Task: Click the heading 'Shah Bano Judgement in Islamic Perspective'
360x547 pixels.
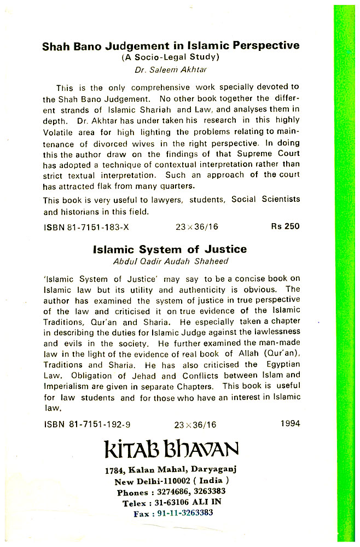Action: click(171, 46)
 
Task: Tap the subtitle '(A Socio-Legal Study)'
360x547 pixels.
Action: click(170, 57)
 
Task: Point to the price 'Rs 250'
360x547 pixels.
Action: click(285, 226)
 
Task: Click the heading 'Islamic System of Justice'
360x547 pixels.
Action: click(170, 249)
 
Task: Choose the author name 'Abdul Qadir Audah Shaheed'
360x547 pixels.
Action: click(170, 261)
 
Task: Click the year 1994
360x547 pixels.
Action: click(289, 423)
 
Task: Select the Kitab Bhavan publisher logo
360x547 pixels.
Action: click(171, 450)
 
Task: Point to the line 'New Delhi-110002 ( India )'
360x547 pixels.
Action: click(171, 482)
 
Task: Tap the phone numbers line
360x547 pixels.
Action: click(171, 492)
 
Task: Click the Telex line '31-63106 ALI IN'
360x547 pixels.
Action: click(171, 503)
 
